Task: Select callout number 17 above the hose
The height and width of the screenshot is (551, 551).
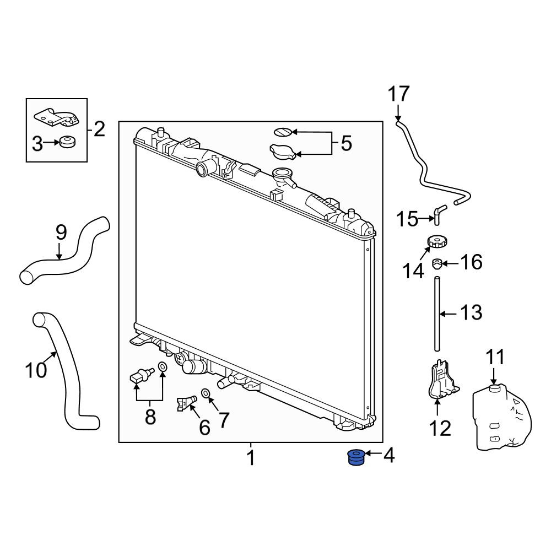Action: [398, 94]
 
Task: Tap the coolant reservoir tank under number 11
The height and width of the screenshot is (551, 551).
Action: [502, 417]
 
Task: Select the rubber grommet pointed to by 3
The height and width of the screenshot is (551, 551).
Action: [67, 142]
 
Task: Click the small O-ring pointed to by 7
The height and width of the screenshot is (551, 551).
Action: [205, 392]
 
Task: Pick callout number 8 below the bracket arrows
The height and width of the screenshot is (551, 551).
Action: [150, 417]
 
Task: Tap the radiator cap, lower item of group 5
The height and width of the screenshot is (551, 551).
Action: [282, 151]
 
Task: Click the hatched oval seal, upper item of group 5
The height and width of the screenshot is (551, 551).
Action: [283, 132]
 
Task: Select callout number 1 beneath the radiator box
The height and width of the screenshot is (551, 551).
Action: [251, 458]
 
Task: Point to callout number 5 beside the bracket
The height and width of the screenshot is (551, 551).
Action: [347, 143]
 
